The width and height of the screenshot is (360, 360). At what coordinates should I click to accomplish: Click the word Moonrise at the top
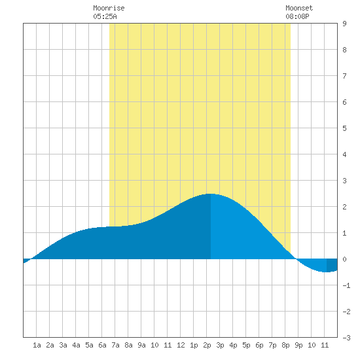tap(109, 8)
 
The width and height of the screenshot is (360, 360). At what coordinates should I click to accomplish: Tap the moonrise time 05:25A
tap(105, 16)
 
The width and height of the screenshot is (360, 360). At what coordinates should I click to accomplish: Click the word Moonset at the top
tap(299, 8)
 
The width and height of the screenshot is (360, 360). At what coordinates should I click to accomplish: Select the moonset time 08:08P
tap(297, 16)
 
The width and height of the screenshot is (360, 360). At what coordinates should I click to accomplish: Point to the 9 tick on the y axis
tap(344, 24)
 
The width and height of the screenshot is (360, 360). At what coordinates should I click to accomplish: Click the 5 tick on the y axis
tap(344, 128)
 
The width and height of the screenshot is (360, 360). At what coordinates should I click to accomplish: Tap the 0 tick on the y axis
tap(344, 259)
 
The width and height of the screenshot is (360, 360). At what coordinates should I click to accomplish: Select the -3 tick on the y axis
tap(346, 338)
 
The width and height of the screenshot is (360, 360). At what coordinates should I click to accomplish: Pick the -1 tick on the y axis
tap(346, 285)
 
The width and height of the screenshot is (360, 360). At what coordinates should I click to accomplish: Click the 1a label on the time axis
tap(37, 345)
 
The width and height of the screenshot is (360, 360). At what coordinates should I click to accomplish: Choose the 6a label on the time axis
tap(102, 345)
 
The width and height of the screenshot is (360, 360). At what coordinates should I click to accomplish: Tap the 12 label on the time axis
tap(181, 345)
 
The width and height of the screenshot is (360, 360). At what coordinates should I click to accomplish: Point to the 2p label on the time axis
tap(207, 345)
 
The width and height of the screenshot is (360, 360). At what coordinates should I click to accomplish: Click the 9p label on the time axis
tap(298, 345)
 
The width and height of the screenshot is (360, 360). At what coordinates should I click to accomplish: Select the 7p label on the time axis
tap(272, 345)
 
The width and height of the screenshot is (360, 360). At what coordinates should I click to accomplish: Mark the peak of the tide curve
tap(211, 194)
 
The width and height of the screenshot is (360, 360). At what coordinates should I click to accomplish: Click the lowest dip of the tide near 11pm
tap(326, 272)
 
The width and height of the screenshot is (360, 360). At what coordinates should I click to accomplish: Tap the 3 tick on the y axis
tap(344, 181)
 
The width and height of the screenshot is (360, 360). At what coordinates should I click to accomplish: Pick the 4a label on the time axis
tap(76, 345)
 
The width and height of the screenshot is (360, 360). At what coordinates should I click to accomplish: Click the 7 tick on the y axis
tap(344, 76)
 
